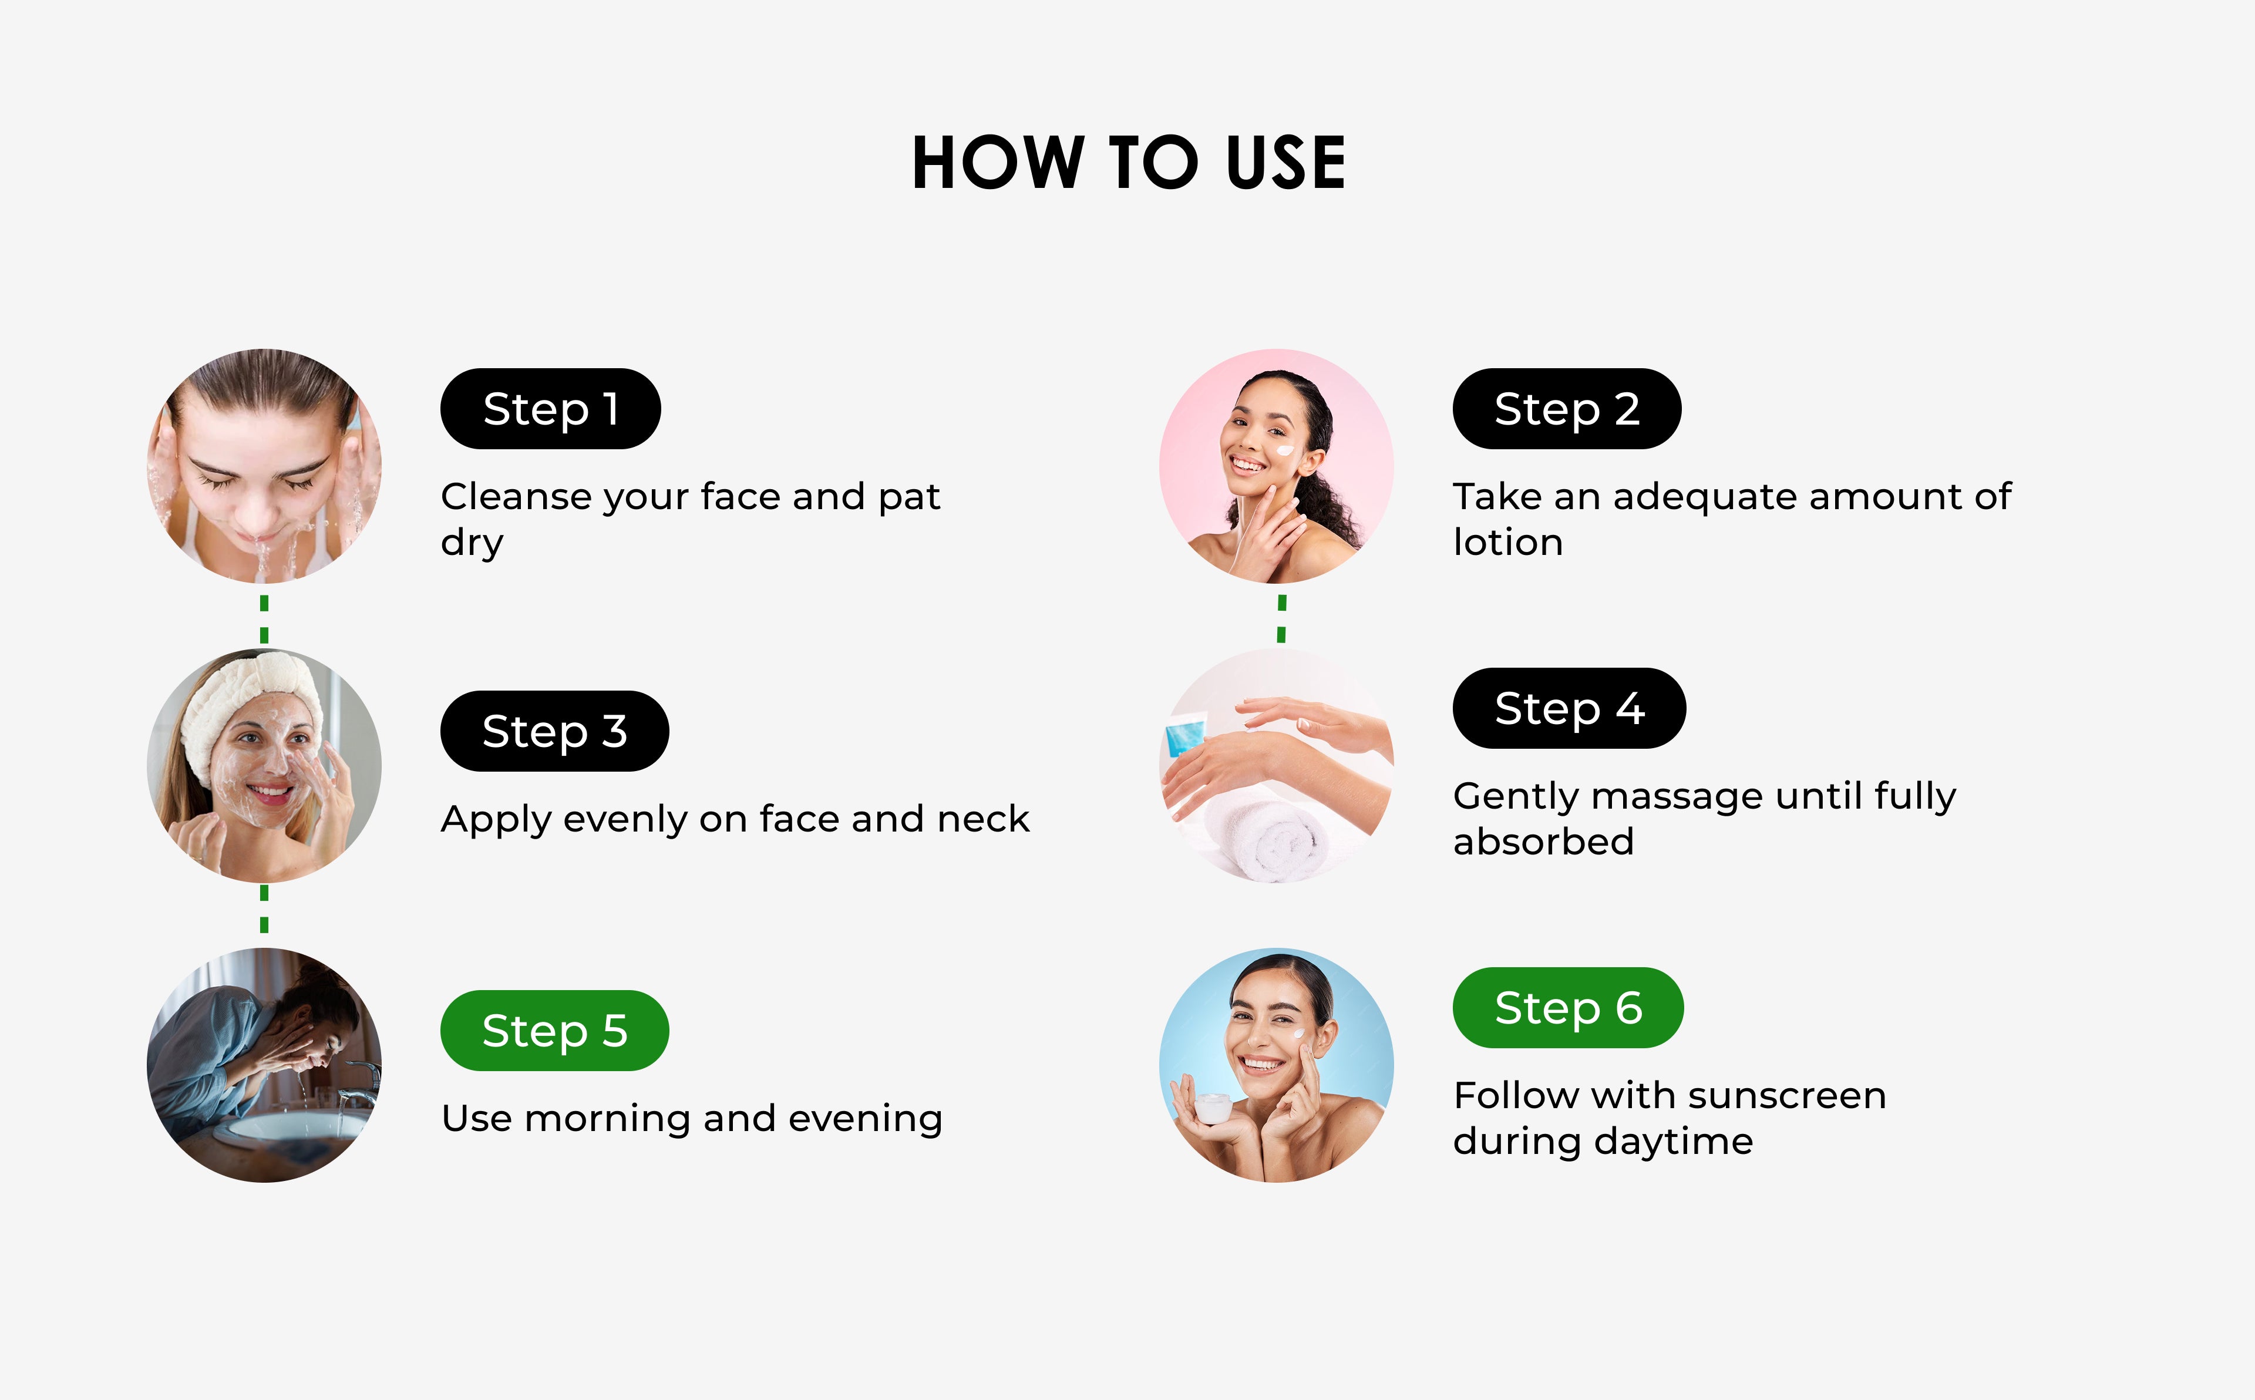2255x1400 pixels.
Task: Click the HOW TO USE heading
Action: (x=1129, y=163)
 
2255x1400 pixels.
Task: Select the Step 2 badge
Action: (x=1566, y=408)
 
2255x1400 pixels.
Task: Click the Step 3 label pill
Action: (x=554, y=731)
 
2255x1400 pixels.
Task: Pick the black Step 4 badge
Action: (x=1569, y=708)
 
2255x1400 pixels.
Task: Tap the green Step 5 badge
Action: (x=554, y=1031)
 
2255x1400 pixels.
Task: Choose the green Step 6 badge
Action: (x=1568, y=1007)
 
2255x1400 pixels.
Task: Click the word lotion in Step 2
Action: (x=1508, y=541)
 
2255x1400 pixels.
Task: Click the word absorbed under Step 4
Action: (x=1543, y=842)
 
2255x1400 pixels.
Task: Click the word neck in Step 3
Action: (x=983, y=819)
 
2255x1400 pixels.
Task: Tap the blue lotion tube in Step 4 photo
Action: (x=1185, y=736)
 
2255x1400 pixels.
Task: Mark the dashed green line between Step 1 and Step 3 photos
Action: (x=264, y=618)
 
